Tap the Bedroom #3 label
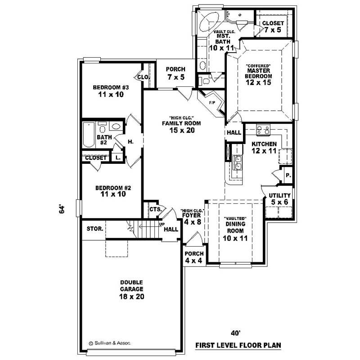pos(111,91)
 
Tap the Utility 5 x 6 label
pos(279,199)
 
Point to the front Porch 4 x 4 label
pos(194,257)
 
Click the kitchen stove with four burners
pos(262,130)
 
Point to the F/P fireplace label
pos(212,103)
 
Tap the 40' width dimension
pos(234,333)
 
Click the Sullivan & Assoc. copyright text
pos(110,342)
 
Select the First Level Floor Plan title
pos(238,346)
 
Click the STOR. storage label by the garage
pos(95,229)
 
